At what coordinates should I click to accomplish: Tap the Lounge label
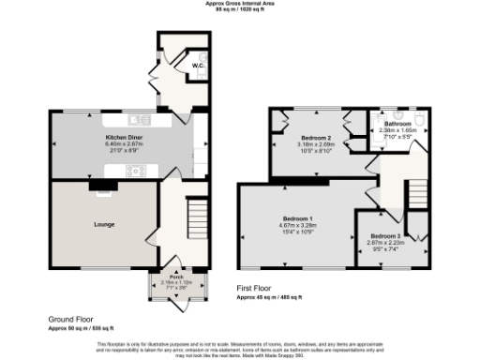(x=103, y=226)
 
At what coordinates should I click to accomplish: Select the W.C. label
(x=198, y=67)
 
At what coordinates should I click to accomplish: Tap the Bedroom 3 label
(x=384, y=235)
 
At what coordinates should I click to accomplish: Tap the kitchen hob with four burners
(x=133, y=171)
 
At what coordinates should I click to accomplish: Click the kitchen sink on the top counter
(x=142, y=120)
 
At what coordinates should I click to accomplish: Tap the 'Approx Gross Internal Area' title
(x=241, y=4)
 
